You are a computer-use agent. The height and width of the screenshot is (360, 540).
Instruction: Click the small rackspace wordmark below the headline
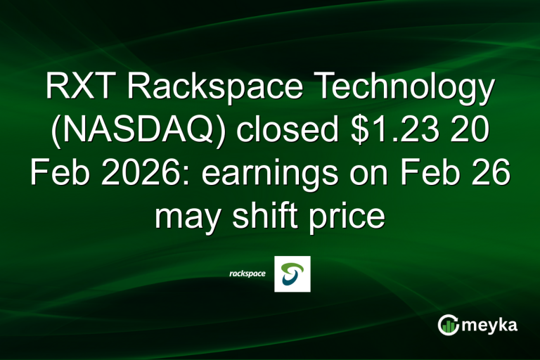[x=247, y=274]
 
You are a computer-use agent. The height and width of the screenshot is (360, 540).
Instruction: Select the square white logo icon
[x=292, y=274]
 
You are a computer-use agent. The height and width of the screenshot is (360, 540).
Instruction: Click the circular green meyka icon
[x=448, y=325]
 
